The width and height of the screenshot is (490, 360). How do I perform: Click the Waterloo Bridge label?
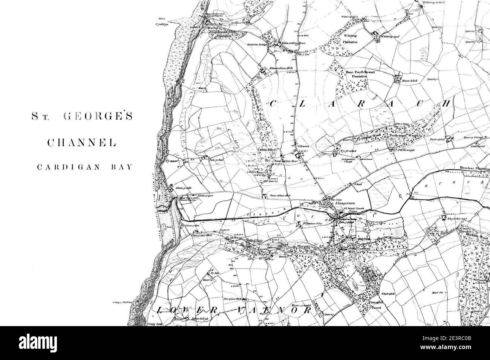257,45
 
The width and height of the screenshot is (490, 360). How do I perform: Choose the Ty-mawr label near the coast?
171,161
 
